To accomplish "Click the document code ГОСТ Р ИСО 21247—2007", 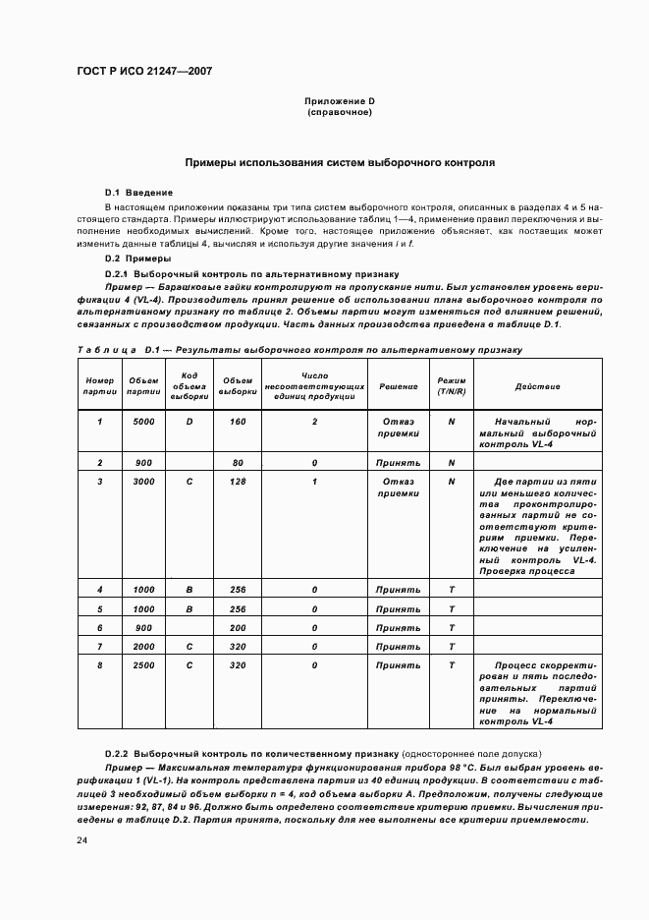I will (144, 72).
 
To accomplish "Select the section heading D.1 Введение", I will (138, 192).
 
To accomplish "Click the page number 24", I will (83, 840).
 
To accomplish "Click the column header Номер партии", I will (100, 385).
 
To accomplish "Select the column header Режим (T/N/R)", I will (452, 385).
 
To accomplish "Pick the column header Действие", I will (537, 385).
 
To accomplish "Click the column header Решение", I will (399, 385).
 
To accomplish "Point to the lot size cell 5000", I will (143, 421).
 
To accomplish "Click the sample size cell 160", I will (238, 421).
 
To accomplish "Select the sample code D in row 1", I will (189, 421).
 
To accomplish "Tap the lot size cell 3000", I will (143, 482).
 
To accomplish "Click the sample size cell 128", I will (238, 482).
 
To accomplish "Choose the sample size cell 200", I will (238, 627).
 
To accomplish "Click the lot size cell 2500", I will (143, 665).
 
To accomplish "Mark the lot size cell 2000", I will (143, 647).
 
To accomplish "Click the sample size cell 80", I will (238, 462).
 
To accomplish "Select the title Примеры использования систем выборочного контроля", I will (339, 161).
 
